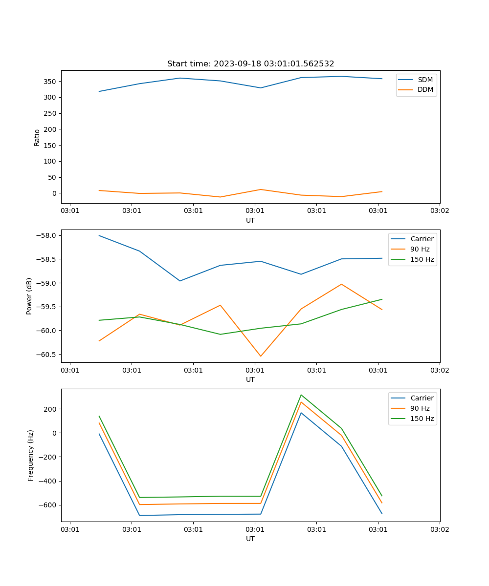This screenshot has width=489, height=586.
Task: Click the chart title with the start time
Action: (x=250, y=64)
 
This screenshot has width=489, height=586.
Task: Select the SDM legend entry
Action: (x=425, y=80)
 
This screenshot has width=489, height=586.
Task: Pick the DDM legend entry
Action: (x=425, y=89)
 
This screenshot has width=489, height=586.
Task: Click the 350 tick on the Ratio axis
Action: (x=51, y=82)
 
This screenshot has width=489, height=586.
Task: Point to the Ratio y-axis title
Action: (x=37, y=137)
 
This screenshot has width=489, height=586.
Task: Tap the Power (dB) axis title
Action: (x=29, y=296)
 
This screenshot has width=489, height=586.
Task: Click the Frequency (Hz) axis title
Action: (x=31, y=455)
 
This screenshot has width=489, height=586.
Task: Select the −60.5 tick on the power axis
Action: (x=46, y=355)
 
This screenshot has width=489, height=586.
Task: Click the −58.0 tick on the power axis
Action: (x=46, y=236)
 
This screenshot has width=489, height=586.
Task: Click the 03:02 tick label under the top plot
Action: (x=439, y=211)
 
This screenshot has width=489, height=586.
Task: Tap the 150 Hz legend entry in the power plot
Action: (x=422, y=259)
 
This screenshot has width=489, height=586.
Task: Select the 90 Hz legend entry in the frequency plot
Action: (x=420, y=408)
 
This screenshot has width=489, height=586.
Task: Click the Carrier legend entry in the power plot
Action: (x=422, y=239)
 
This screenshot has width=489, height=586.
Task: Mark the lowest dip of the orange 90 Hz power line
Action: (x=261, y=356)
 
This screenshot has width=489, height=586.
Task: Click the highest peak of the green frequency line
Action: (x=301, y=395)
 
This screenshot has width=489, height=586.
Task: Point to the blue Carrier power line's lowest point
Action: (x=180, y=281)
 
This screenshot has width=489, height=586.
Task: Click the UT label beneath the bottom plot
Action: (x=250, y=539)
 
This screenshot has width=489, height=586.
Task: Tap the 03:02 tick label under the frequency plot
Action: (x=439, y=529)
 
